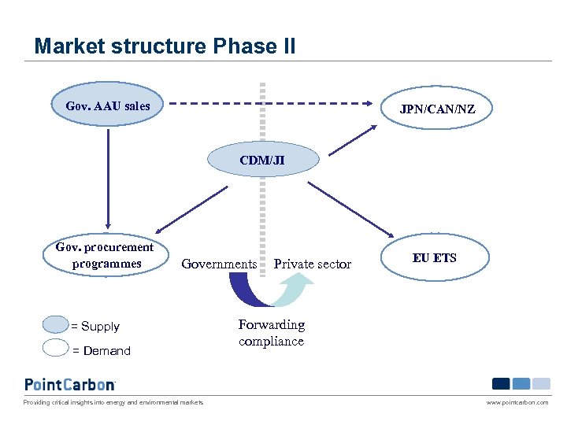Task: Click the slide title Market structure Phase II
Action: [x=165, y=46]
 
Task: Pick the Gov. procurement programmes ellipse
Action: [x=105, y=255]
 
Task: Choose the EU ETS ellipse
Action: [x=434, y=257]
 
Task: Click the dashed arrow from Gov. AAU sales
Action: [x=268, y=102]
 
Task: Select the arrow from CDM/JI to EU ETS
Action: [x=350, y=209]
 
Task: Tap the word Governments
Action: [x=219, y=264]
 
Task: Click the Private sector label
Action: [x=312, y=264]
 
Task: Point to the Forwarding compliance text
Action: [x=271, y=333]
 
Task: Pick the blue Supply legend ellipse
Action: [x=55, y=325]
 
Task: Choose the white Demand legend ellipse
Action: [x=55, y=349]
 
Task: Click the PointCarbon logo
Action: [x=70, y=384]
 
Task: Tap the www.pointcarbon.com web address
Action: [x=517, y=402]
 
